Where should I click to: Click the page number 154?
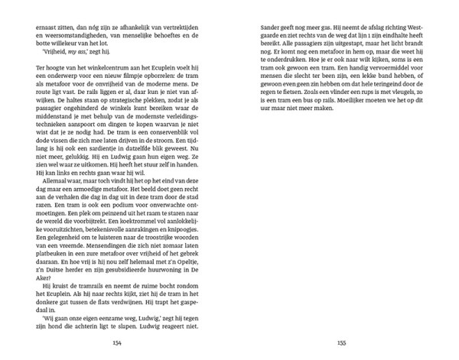tap(117, 343)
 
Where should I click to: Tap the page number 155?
tap(342, 343)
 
